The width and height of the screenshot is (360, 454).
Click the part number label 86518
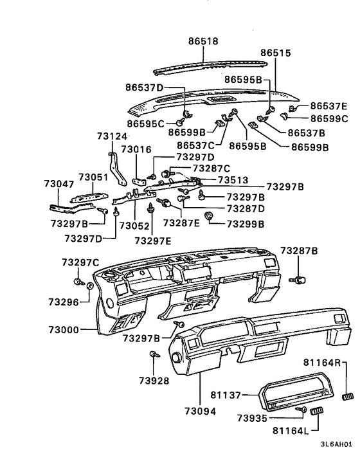click(x=203, y=41)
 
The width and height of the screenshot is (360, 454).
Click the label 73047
click(x=59, y=184)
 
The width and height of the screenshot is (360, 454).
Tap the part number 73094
click(x=199, y=410)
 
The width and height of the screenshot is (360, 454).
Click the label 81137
click(x=226, y=394)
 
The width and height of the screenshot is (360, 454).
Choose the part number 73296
click(x=62, y=301)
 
